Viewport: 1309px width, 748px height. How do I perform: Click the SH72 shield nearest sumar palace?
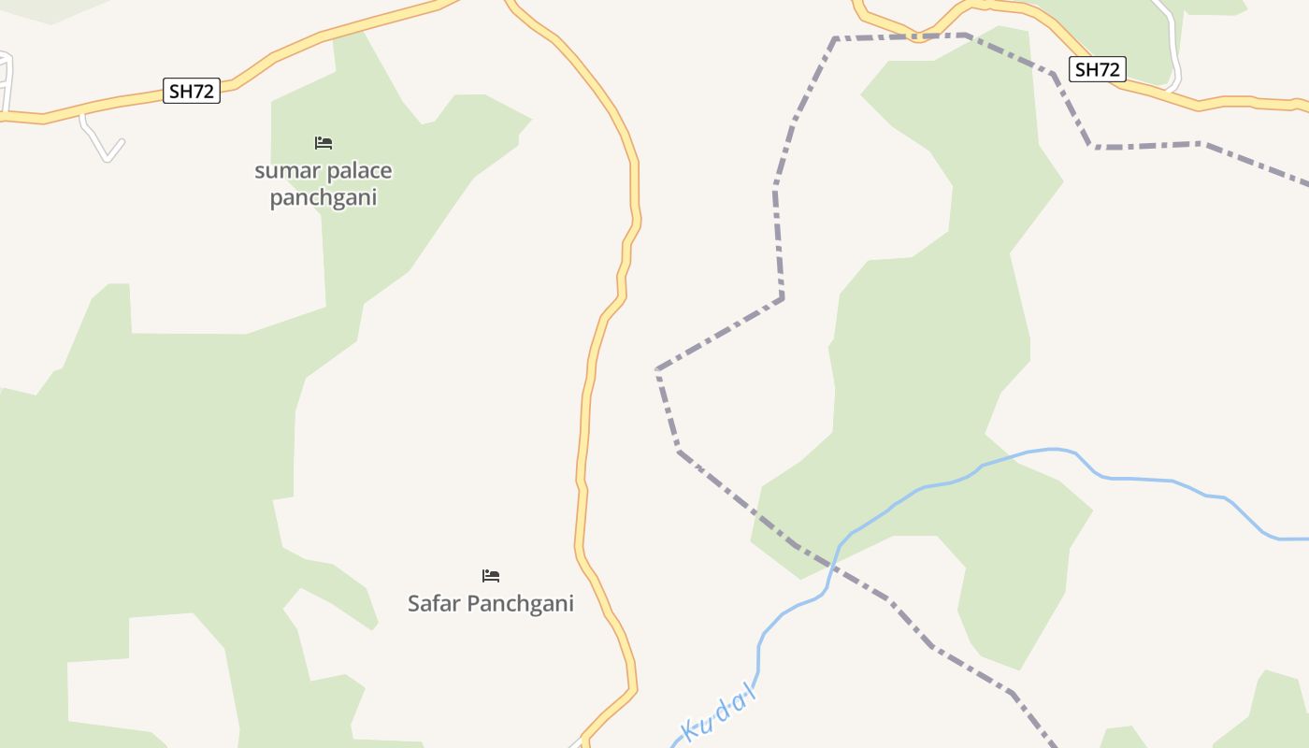192,91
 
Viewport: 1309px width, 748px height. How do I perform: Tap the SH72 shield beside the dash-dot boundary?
1097,69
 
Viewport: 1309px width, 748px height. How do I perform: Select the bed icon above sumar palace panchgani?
324,143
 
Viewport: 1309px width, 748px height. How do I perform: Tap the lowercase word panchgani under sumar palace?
324,198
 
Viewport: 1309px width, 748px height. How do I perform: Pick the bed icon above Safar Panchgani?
491,575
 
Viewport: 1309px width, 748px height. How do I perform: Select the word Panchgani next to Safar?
520,604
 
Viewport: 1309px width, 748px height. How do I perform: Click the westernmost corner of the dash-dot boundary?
658,370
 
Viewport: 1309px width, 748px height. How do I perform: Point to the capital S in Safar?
414,603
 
